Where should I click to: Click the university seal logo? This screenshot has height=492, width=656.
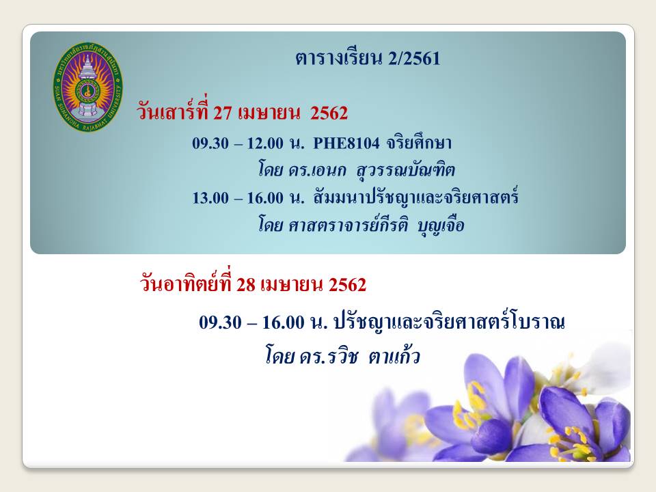tap(88, 87)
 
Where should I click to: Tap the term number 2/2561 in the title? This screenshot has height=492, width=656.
tap(414, 59)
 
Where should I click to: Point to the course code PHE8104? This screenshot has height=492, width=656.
tap(346, 143)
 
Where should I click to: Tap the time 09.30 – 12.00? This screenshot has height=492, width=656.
tap(238, 143)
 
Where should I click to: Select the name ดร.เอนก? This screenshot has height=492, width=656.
tap(317, 170)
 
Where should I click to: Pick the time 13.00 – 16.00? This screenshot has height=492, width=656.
tap(238, 198)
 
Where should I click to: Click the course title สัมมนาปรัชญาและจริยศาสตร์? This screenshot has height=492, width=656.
tap(416, 196)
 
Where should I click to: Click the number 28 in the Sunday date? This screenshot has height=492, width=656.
tap(246, 285)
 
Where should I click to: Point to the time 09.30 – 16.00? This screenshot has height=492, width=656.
tap(251, 323)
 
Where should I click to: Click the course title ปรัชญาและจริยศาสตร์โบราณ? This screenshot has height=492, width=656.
tap(449, 320)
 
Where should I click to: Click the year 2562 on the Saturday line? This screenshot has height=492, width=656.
tap(329, 113)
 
